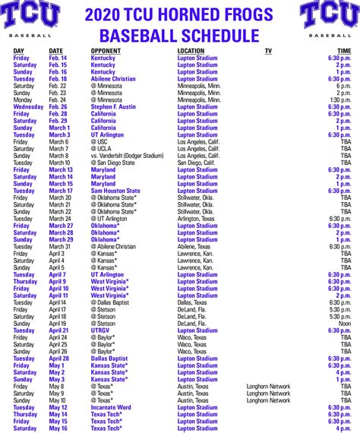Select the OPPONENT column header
coord(106,51)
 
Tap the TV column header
coord(268,51)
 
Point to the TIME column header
coord(344,51)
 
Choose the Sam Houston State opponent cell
coord(115,191)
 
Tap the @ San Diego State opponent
coord(113,163)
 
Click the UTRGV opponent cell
coord(101,330)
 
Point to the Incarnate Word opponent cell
coord(111,407)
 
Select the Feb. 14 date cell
coord(58,58)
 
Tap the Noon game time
coord(345,324)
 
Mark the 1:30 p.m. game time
coord(340,100)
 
